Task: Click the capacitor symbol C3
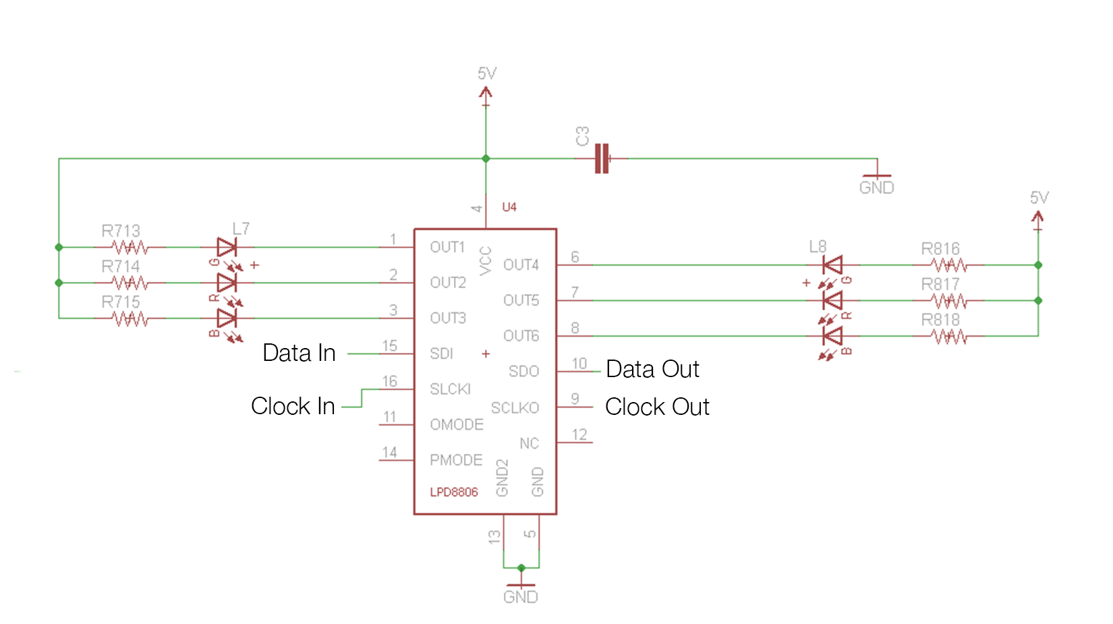pyautogui.click(x=602, y=159)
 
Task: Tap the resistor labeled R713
pyautogui.click(x=130, y=248)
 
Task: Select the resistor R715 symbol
pyautogui.click(x=130, y=318)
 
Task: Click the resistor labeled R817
pyautogui.click(x=950, y=301)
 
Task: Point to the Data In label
pyautogui.click(x=299, y=353)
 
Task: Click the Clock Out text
pyautogui.click(x=657, y=407)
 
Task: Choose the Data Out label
pyautogui.click(x=652, y=369)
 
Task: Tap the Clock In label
pyautogui.click(x=293, y=406)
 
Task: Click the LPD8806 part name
pyautogui.click(x=454, y=492)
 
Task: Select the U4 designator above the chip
pyautogui.click(x=509, y=207)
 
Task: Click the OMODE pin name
pyautogui.click(x=457, y=424)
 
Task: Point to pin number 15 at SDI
pyautogui.click(x=390, y=346)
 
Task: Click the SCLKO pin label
pyautogui.click(x=515, y=407)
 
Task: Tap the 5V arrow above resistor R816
pyautogui.click(x=1037, y=219)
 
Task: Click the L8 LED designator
pyautogui.click(x=818, y=247)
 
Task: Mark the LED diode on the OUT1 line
pyautogui.click(x=227, y=248)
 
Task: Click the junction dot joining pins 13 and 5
pyautogui.click(x=521, y=568)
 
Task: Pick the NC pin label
pyautogui.click(x=529, y=443)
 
